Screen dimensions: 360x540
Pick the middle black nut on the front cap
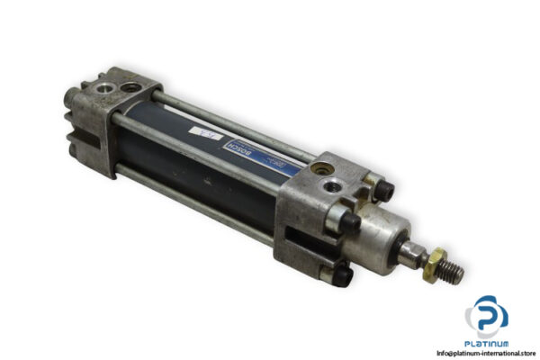351,221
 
